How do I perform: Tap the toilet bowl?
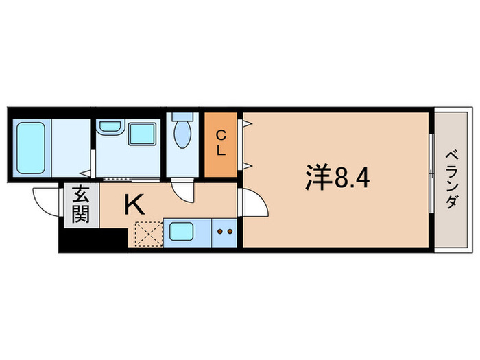coord(183,134)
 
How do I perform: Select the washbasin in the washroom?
coord(109,128)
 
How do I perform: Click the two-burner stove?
coord(224,232)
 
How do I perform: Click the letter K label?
coord(134,204)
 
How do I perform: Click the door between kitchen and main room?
coord(250,204)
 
